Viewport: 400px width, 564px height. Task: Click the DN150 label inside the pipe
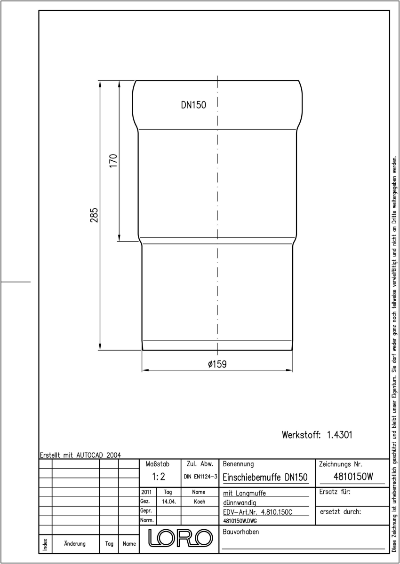193,105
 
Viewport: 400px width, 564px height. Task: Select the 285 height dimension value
94,215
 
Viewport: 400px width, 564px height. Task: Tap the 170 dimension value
113,161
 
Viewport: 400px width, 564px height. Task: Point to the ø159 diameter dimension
217,364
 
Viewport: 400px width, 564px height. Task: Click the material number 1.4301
339,435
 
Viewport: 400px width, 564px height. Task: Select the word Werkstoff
301,435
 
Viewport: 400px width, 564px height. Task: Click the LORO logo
180,538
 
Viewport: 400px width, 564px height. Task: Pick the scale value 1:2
159,477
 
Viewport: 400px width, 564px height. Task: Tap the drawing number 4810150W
353,477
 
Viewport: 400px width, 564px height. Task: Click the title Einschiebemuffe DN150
265,477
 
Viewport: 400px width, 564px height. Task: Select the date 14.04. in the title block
168,501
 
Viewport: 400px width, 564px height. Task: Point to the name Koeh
200,501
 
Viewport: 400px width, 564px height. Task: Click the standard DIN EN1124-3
200,477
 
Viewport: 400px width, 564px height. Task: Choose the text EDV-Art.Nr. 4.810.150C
257,512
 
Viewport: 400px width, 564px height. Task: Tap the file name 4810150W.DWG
240,521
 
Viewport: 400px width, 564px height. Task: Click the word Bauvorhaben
240,532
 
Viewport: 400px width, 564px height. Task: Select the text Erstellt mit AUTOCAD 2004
80,455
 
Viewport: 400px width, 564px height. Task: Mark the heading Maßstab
158,464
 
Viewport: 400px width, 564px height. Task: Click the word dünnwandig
240,503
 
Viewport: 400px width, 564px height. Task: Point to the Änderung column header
75,543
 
